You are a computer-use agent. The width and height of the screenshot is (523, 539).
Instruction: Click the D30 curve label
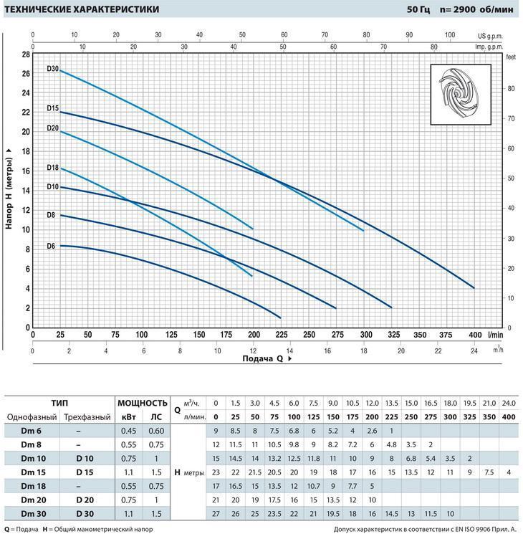(52, 69)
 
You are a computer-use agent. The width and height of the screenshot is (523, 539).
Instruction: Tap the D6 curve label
(51, 246)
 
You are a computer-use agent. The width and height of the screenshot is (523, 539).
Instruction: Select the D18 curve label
(52, 167)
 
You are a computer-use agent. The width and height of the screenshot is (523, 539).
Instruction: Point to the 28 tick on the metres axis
(26, 54)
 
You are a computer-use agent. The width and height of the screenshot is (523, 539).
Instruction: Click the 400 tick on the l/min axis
(474, 334)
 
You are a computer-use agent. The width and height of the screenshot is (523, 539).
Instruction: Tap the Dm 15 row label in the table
(29, 472)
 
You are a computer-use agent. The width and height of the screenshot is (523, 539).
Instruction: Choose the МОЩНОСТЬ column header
(142, 403)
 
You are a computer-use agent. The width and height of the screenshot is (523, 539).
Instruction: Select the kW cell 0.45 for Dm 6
(129, 431)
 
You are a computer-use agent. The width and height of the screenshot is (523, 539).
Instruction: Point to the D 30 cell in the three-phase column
(85, 513)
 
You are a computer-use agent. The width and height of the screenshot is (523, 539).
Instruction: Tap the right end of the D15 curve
(474, 287)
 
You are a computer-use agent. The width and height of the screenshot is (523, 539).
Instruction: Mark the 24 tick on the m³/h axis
(474, 350)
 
